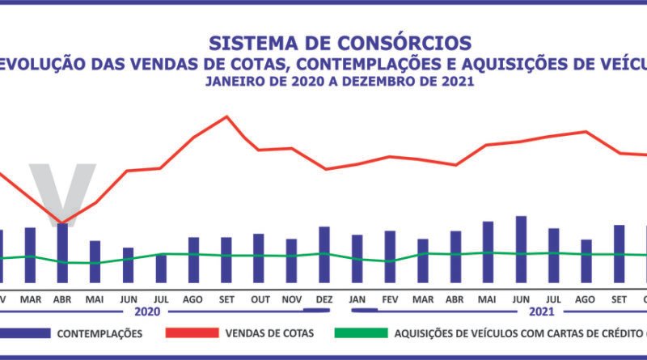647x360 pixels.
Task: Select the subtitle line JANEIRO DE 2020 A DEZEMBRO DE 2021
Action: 339,82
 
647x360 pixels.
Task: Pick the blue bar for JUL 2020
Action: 161,268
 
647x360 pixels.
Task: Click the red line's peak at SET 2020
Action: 226,116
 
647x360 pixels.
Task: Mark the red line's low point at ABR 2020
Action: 62,222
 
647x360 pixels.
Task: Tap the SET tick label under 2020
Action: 226,299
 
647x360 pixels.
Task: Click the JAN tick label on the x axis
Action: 357,299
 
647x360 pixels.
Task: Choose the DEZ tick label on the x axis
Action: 324,299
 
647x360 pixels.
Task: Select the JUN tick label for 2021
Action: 521,299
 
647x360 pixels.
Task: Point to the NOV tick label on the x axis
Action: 291,299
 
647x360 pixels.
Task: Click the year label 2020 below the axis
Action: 148,311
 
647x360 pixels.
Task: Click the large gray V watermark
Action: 62,190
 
